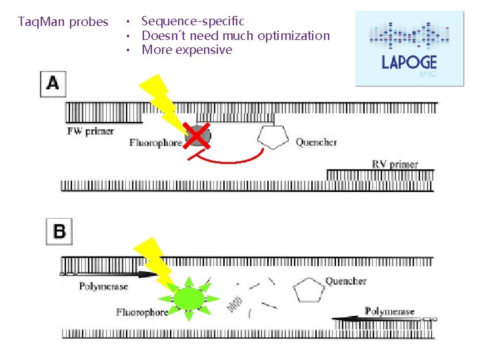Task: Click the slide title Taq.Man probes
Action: coord(63,22)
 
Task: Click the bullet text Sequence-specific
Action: coord(193,21)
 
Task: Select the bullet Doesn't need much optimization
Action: coord(235,35)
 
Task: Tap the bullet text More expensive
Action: coord(187,50)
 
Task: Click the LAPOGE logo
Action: coord(409,49)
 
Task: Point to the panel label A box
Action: coord(53,84)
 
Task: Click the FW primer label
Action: coord(91,131)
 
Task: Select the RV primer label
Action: coord(395,164)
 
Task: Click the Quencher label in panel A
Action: coord(316,142)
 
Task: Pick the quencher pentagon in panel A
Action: coord(273,137)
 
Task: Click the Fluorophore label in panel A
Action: coord(155,143)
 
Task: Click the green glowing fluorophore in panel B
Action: coord(189,296)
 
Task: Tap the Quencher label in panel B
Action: coord(346,281)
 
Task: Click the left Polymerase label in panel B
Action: coord(103,287)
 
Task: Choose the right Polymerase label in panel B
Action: coord(389,311)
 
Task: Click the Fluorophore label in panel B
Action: coord(142,312)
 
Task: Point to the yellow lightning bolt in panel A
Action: coord(160,100)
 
